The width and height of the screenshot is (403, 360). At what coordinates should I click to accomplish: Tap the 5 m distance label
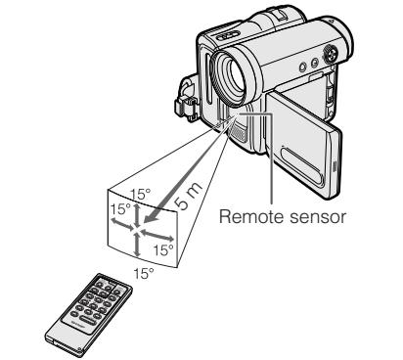coord(188,195)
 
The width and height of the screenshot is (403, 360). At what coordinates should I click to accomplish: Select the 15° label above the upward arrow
coord(141,195)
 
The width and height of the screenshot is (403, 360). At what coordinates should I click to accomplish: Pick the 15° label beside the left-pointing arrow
coord(120,208)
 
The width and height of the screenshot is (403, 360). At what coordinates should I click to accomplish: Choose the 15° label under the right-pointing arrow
coord(163,250)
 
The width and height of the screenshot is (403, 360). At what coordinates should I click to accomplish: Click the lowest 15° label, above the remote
coord(144,273)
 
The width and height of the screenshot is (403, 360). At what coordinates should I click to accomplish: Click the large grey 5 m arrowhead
coord(151,215)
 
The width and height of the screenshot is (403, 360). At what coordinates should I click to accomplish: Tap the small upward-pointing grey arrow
coord(138,214)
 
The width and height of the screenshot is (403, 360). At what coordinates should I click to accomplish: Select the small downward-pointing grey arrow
coord(137,245)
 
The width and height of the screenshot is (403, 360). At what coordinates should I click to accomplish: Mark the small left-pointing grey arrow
coord(121,224)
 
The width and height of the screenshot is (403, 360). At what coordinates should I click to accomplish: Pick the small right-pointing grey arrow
coord(157,235)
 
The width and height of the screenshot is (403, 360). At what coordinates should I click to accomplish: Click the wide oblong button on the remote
coord(86,320)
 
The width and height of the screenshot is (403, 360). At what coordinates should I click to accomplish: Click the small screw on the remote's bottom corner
coord(79,350)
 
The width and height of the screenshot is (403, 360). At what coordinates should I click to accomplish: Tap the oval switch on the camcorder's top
coord(228,35)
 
